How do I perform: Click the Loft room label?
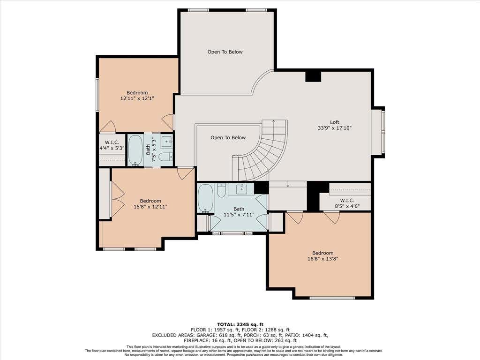point(334,122)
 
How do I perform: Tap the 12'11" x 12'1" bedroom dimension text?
point(137,98)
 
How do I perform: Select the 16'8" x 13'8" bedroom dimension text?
point(322,259)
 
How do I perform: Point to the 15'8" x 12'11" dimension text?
point(150,207)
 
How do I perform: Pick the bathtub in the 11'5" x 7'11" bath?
point(205,198)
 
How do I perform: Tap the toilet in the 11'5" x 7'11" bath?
point(221,190)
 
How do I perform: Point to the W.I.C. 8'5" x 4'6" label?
point(347,203)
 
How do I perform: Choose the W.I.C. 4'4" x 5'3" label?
point(112,145)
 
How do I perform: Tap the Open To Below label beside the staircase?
point(228,137)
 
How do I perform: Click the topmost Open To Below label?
point(225,52)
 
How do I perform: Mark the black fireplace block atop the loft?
point(313,76)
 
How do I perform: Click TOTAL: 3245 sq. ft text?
point(240,324)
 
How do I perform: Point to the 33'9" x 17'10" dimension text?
point(335,128)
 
